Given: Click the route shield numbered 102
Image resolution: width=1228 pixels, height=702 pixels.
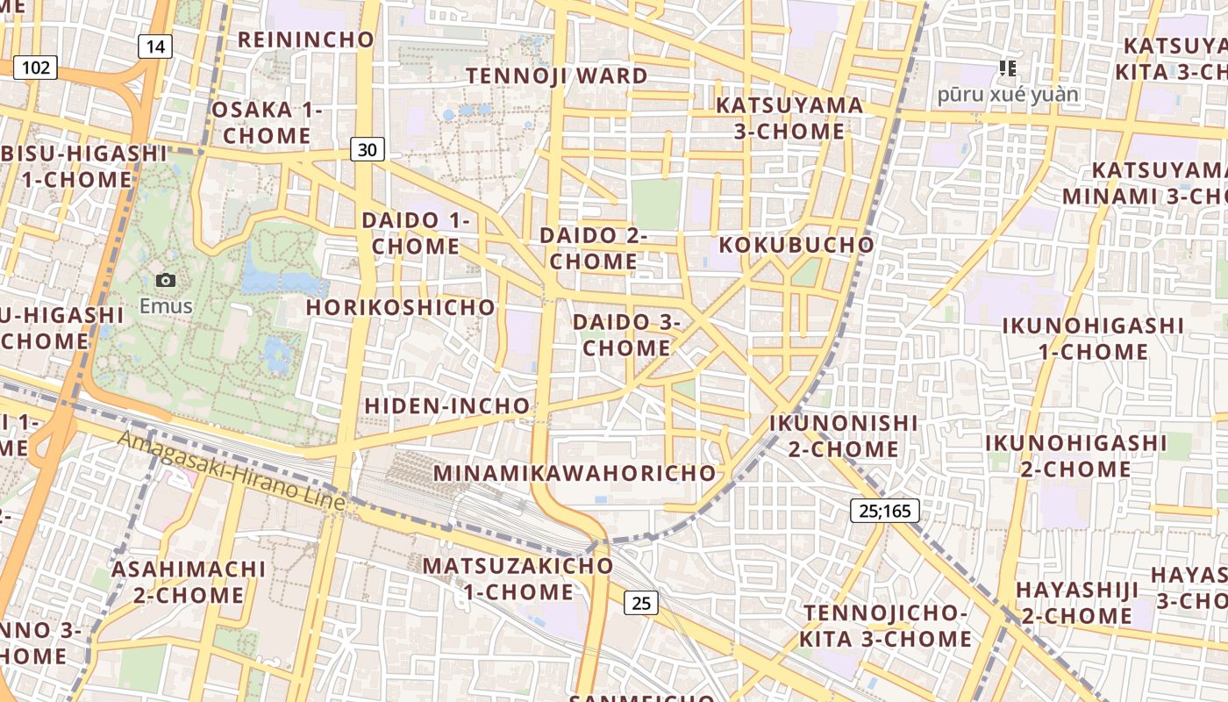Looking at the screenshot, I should pos(35,68).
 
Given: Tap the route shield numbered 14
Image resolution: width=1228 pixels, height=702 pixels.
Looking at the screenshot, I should pos(154,47).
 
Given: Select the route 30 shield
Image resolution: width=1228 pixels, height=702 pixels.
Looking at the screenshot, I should pos(368,150).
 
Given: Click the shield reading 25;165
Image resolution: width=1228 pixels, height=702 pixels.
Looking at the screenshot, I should pos(885,510).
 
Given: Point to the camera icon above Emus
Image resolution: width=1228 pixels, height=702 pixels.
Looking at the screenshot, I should pos(166,281).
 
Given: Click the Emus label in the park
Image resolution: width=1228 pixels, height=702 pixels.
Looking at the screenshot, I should pos(166,306).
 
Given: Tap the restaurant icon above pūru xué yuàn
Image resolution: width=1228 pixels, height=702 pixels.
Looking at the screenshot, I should pos(1008,68).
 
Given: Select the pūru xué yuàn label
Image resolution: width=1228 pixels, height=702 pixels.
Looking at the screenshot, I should pos(1008,94).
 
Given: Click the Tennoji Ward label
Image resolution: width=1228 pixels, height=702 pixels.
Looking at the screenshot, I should pos(557,75).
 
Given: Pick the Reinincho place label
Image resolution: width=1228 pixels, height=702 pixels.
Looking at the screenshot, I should pos(306,39).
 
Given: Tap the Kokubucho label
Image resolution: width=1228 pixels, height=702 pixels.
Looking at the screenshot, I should pos(797,245).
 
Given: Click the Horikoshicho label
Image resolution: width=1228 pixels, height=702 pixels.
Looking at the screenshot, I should pos(401,307).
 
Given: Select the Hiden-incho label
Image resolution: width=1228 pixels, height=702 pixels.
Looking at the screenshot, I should pos(447,406).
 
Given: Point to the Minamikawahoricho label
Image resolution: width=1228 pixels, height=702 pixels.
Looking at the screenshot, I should pos(575,473).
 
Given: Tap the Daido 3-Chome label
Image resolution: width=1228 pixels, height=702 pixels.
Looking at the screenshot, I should pos(626,335).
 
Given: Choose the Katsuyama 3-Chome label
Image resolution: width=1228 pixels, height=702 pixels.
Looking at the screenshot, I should pos(789,118).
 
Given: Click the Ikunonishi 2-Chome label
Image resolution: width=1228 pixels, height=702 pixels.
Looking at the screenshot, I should pos(843,436).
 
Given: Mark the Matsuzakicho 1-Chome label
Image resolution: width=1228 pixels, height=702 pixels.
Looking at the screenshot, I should pos(518,578).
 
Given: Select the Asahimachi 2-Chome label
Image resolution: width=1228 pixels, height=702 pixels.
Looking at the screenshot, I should pos(189,582).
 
